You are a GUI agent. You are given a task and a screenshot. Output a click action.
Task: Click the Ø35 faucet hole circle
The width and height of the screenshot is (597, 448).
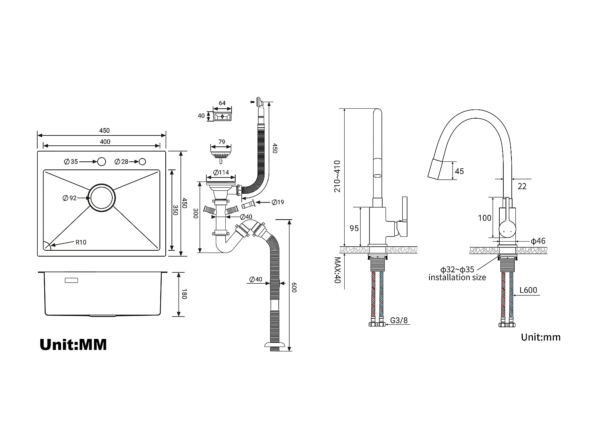[101, 161]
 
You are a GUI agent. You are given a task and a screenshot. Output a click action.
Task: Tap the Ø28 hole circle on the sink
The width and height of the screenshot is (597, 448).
[142, 161]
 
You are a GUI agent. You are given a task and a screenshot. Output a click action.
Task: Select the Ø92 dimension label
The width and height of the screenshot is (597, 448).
[70, 198]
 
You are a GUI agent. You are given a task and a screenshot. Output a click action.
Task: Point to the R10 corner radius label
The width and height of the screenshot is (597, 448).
[81, 242]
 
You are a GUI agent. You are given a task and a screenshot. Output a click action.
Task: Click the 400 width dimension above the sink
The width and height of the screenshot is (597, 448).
[105, 142]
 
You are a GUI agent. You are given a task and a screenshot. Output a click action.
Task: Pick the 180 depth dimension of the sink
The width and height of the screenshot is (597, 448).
[184, 294]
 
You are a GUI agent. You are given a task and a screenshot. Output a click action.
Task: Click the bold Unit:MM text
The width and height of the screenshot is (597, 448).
[73, 345]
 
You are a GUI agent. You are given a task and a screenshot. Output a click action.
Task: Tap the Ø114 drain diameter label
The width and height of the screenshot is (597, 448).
[221, 172]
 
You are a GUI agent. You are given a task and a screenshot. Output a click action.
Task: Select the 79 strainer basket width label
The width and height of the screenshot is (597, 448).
[222, 142]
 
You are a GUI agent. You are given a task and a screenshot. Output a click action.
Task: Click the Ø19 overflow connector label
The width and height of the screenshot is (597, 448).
[278, 202]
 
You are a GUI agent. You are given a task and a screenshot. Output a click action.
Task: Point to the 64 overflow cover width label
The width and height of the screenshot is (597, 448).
[222, 103]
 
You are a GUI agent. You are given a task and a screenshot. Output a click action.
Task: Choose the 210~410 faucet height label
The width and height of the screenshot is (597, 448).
[337, 176]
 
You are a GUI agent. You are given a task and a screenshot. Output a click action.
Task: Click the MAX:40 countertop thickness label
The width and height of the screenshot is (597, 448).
[338, 270]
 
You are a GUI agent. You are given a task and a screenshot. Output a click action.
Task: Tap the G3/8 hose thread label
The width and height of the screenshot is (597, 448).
[399, 320]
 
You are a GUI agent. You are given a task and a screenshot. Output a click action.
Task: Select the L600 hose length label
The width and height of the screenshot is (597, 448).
[528, 290]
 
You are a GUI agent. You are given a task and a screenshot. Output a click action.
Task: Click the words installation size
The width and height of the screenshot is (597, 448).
[457, 277]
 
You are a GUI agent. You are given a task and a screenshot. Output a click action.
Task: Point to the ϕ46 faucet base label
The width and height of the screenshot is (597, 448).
[538, 241]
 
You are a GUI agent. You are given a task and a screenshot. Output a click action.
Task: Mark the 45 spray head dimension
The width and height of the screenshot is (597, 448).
[459, 171]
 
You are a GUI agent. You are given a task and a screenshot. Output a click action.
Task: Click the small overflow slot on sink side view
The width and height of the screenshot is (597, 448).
[71, 280]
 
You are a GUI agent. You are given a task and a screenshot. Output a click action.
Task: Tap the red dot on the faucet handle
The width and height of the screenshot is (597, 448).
[504, 232]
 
